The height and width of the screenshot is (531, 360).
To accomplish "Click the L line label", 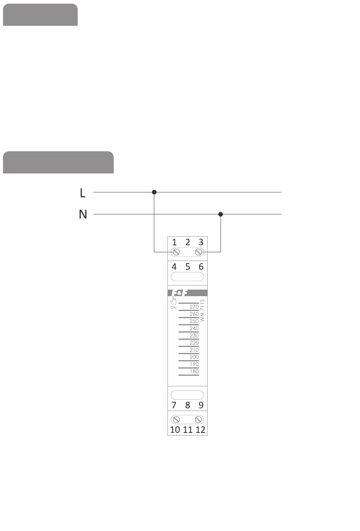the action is [83, 193].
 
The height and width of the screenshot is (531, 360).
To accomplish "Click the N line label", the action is [83, 214].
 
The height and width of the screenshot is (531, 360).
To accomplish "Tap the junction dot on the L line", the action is [154, 192].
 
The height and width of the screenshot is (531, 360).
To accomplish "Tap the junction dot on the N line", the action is [221, 214].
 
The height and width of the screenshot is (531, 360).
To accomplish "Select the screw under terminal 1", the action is [176, 252].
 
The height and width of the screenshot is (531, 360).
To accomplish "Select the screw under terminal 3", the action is [198, 252].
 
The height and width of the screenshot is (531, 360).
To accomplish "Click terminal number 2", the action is [188, 242].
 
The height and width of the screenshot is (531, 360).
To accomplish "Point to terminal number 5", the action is [188, 267].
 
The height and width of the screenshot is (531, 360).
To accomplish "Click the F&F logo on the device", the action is [179, 293].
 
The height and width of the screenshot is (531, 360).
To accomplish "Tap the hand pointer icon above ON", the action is [173, 301].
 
